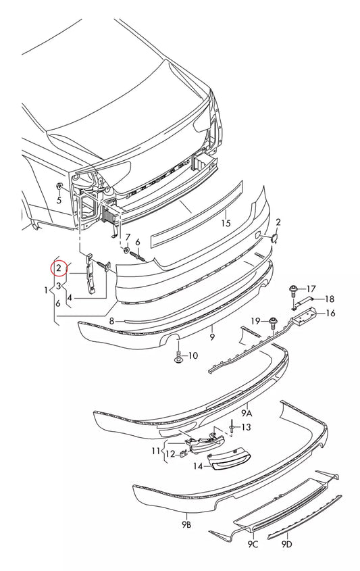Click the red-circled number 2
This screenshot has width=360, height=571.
coord(59,270)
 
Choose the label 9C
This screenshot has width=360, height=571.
coord(253,543)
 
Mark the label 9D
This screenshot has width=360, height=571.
coord(286,543)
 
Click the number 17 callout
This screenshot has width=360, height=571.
coord(311,289)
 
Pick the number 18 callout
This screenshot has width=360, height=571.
coord(330,299)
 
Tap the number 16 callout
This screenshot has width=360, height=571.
coord(330,313)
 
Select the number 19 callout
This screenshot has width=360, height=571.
coord(256,320)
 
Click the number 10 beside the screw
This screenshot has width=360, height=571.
coord(192,355)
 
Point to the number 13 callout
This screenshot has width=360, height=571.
coord(245,427)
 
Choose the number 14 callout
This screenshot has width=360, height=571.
coord(197,466)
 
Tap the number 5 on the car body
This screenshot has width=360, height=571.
coord(59,200)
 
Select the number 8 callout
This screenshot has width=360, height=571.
coord(112,321)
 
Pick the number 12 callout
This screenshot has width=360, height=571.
coord(170,454)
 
